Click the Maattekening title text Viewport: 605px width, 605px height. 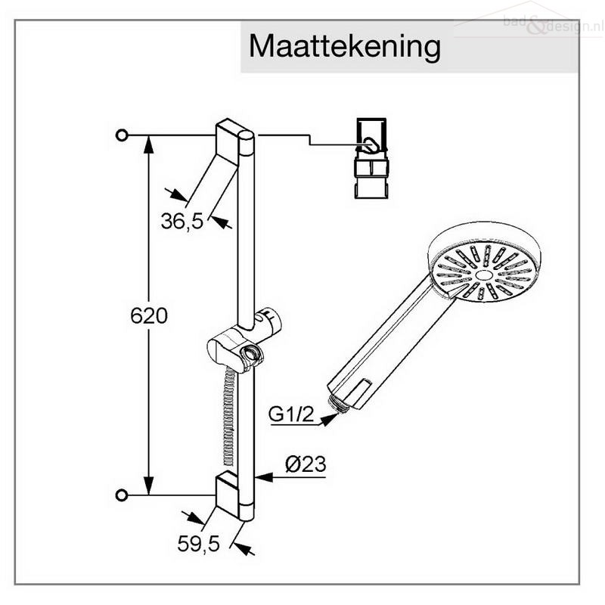345,47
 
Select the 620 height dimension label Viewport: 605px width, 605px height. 149,315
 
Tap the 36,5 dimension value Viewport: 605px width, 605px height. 181,222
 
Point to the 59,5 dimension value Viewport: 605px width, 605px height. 198,544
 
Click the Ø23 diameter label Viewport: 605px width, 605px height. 306,464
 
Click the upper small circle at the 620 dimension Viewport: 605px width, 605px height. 122,135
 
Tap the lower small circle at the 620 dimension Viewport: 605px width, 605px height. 122,495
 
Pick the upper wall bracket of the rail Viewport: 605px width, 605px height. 227,143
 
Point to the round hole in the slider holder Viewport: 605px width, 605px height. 251,352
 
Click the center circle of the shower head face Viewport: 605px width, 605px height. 484,275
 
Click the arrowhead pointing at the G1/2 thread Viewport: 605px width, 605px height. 328,420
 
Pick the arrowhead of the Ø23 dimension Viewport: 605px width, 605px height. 264,477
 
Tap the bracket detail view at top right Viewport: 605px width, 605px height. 371,158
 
